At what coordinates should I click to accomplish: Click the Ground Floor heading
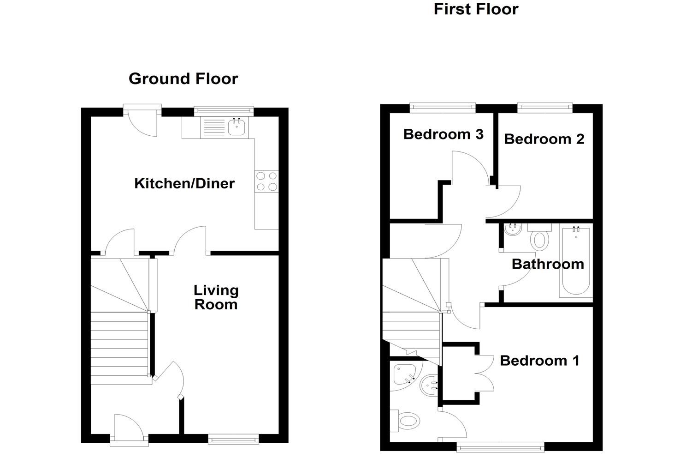[183, 79]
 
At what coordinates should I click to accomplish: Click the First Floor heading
[476, 9]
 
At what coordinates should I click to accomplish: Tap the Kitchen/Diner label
[184, 184]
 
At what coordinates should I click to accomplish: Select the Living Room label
[216, 297]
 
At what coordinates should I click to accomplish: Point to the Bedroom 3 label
[443, 134]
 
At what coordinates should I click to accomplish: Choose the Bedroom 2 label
[544, 139]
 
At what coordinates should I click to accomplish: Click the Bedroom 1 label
[539, 361]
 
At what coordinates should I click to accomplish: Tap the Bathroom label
[548, 264]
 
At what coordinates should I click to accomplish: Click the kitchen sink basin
[237, 127]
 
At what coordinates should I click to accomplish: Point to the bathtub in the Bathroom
[575, 261]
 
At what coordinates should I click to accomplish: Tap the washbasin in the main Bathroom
[512, 229]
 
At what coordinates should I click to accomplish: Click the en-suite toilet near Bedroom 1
[406, 421]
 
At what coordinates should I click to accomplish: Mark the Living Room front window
[233, 439]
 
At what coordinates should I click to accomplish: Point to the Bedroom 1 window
[500, 446]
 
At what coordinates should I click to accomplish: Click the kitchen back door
[143, 121]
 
